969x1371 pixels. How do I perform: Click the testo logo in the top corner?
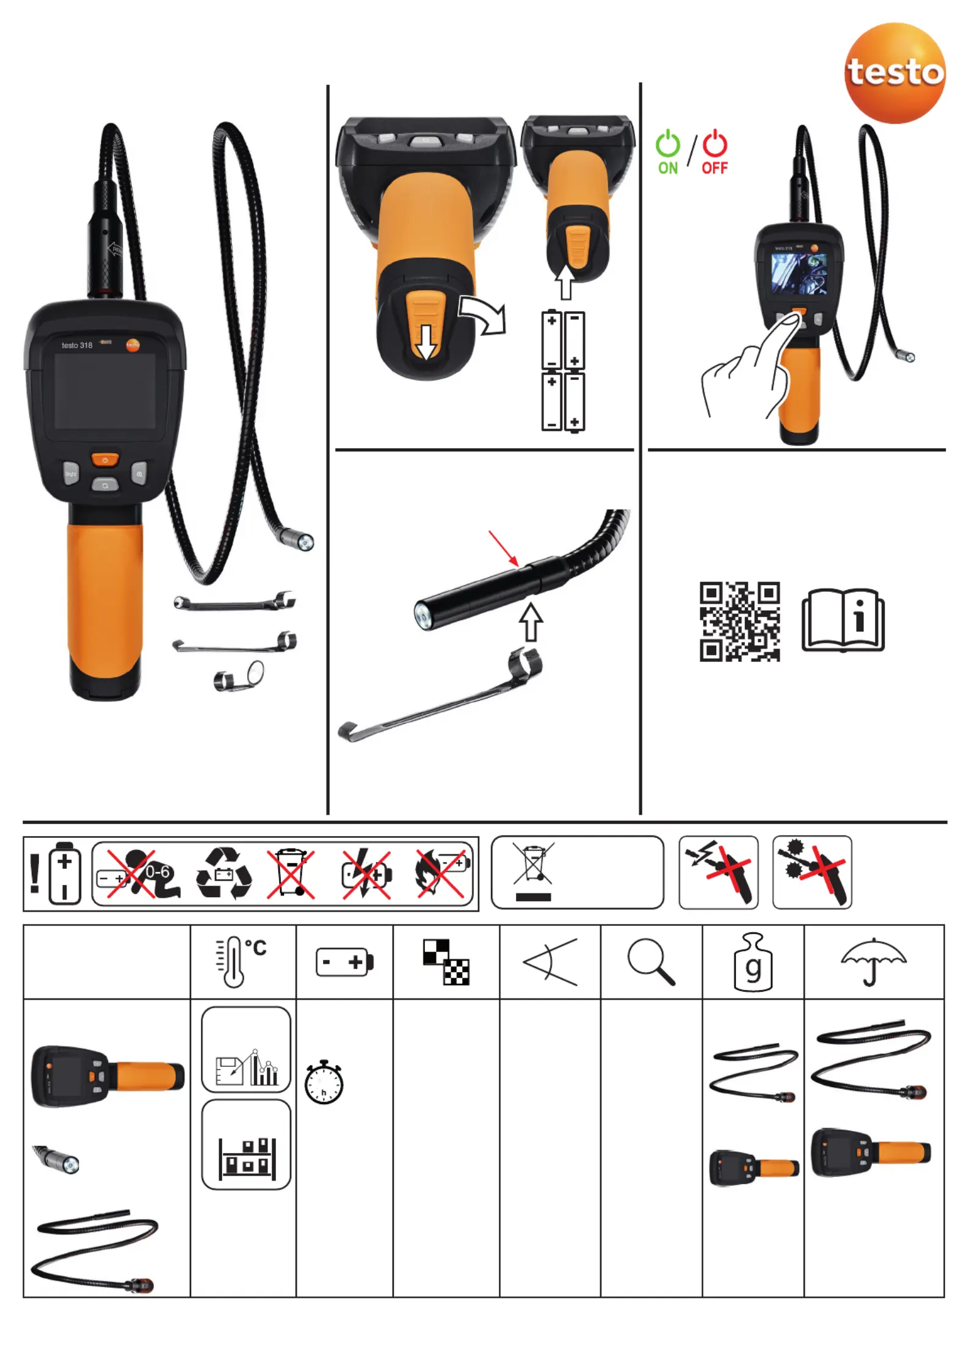click(895, 73)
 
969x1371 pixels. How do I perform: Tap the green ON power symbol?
click(667, 144)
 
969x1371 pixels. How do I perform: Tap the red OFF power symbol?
click(715, 144)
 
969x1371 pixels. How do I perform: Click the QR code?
click(739, 621)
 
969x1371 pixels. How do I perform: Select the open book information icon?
click(843, 620)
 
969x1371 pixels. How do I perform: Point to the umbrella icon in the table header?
click(874, 962)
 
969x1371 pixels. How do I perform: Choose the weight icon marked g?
click(753, 962)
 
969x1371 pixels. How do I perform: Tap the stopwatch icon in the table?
click(324, 1082)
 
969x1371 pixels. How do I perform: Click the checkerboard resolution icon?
click(446, 962)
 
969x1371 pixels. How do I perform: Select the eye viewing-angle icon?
click(550, 962)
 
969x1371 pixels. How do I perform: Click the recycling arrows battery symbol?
click(224, 873)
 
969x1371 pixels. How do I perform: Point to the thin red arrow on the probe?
click(504, 548)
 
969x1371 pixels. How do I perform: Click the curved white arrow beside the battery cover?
click(483, 314)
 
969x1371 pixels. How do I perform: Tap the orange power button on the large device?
click(105, 459)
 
